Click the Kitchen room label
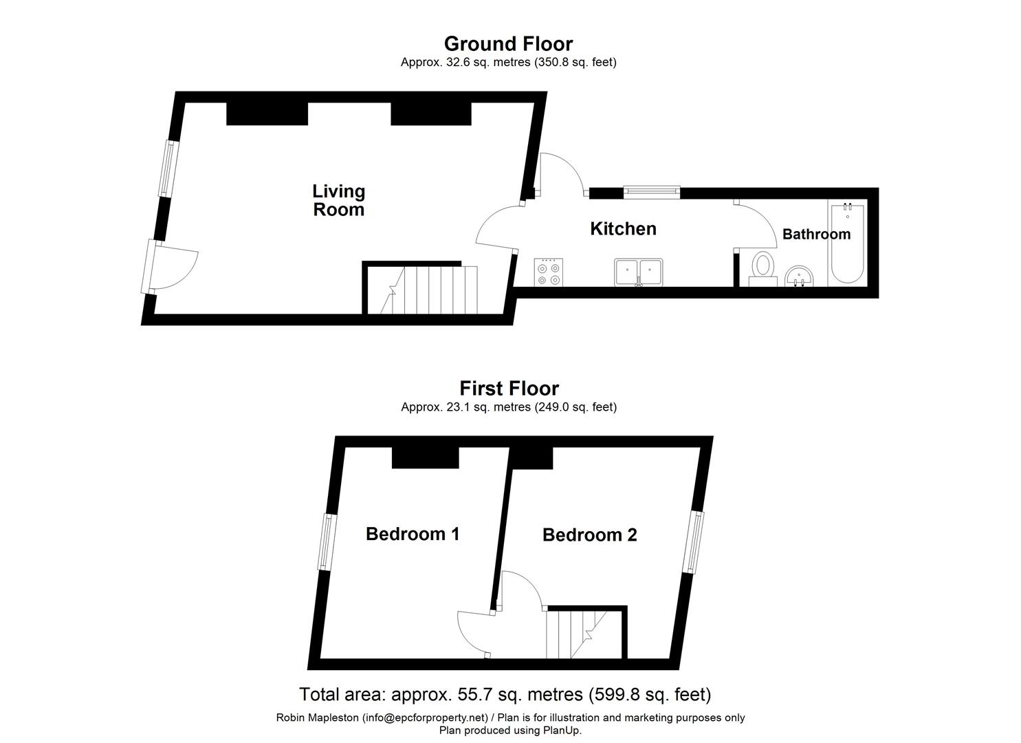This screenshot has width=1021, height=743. tap(623, 229)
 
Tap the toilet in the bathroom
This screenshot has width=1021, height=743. tap(762, 269)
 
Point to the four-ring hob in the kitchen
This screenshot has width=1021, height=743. tap(549, 272)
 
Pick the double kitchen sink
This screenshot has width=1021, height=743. tap(638, 272)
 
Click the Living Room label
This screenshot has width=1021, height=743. tap(339, 200)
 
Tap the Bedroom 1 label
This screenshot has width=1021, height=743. tap(412, 534)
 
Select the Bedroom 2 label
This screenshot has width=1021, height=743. tap(589, 535)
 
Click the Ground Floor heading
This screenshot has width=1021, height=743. tap(508, 44)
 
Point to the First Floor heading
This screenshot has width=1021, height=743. tap(509, 389)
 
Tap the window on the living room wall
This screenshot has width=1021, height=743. tap(167, 169)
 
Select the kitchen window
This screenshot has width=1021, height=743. tap(652, 192)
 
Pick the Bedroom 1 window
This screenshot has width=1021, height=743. tap(327, 542)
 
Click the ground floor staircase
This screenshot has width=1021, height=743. tap(421, 290)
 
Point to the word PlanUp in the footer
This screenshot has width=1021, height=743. tap(562, 730)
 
